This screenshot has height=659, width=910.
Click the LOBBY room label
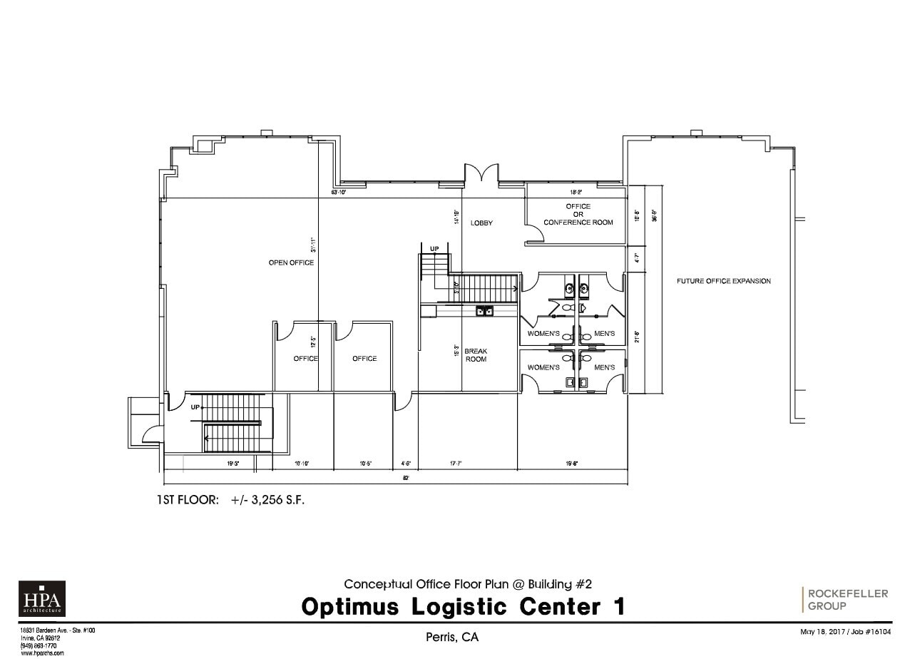(x=481, y=223)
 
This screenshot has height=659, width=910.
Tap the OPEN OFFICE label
(x=291, y=262)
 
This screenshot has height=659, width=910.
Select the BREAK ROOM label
(x=476, y=354)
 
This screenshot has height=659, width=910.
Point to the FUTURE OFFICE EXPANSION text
(x=723, y=281)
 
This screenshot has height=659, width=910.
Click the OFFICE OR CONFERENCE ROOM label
(x=578, y=214)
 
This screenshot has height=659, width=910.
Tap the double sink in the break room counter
(x=485, y=310)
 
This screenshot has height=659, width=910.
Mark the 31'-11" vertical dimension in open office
(x=312, y=245)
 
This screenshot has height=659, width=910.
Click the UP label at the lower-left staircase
(x=195, y=407)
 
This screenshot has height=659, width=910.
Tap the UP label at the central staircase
(x=434, y=248)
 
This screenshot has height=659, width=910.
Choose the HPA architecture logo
(x=41, y=598)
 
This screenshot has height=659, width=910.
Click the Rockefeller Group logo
(x=847, y=600)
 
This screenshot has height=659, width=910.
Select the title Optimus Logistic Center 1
(x=463, y=607)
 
